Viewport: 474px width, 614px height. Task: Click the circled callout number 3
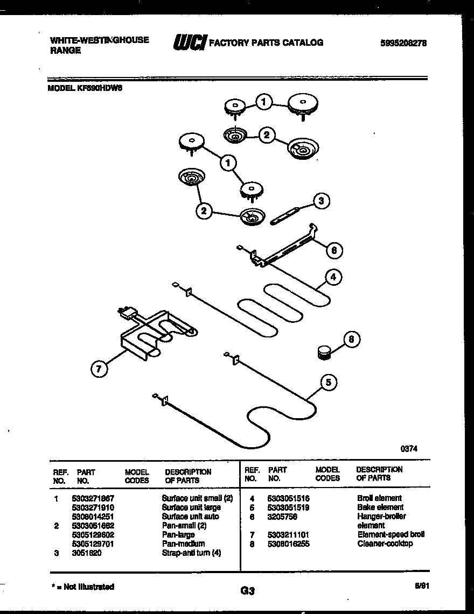(x=322, y=201)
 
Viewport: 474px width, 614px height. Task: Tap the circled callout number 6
(x=334, y=250)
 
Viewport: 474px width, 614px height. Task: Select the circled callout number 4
(x=333, y=278)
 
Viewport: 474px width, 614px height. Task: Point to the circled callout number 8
(x=351, y=340)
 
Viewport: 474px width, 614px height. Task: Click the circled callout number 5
(x=329, y=382)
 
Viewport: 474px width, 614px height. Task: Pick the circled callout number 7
(x=99, y=369)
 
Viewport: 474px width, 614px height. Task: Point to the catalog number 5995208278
(x=403, y=44)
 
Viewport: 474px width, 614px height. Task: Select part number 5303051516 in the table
(x=288, y=498)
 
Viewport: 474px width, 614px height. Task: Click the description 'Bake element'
(x=380, y=507)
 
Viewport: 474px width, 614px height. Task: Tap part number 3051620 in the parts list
(x=86, y=553)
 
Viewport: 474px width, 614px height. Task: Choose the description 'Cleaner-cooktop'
(x=385, y=544)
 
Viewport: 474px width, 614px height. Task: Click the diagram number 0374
(x=409, y=448)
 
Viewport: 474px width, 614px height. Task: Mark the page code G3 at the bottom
(x=247, y=591)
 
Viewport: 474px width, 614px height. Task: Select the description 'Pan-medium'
(x=183, y=544)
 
